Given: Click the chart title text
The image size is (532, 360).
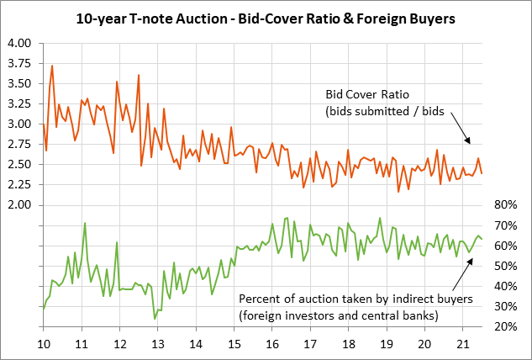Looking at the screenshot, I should point(266,17).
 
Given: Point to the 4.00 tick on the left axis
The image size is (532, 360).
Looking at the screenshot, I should point(18,43).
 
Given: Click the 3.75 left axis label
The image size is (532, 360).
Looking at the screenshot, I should point(18,63).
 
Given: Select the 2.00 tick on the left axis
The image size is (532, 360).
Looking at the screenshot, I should point(18,205).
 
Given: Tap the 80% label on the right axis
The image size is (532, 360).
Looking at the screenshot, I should point(503,205).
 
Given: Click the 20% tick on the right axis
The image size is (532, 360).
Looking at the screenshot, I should point(503,326).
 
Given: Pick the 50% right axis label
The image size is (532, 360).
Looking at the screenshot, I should point(503,266).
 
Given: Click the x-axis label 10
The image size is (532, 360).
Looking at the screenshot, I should point(43,344).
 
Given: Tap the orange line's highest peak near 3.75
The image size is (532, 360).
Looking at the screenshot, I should point(52,66).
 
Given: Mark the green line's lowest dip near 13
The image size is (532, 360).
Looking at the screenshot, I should point(155,318).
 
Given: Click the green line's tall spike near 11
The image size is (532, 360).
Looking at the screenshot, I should point(85,224).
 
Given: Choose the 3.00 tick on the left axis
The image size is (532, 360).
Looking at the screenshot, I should point(18,124).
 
